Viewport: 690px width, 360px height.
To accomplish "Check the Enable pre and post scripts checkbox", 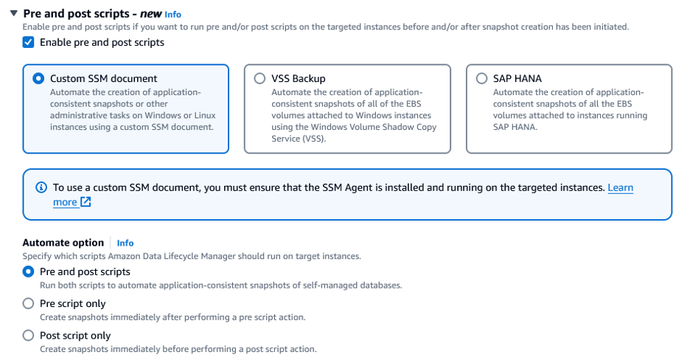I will tap(28, 42).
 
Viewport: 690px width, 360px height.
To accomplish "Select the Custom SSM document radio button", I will tap(38, 78).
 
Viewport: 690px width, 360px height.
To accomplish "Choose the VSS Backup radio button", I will tap(259, 78).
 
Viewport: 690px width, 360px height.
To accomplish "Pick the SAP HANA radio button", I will tap(481, 78).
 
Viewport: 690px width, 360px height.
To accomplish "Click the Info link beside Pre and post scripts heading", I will tap(172, 14).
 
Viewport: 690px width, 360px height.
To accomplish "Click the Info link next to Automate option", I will tap(125, 243).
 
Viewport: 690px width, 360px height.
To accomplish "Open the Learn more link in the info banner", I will tap(620, 187).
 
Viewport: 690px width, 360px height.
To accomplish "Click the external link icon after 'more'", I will tap(86, 202).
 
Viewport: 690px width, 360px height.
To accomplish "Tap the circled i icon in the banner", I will tap(41, 187).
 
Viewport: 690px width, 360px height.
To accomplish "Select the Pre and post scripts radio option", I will tap(28, 271).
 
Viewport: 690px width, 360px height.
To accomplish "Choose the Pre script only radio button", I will tap(28, 303).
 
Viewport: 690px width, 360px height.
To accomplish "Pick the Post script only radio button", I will tap(28, 335).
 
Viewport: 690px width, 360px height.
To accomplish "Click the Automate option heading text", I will tap(63, 243).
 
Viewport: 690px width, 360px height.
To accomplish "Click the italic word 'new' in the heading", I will tap(150, 13).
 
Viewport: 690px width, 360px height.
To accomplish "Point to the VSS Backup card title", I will tap(299, 78).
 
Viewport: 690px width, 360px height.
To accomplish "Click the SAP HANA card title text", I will tap(517, 78).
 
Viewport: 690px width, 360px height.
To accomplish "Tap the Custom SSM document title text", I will tap(104, 78).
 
